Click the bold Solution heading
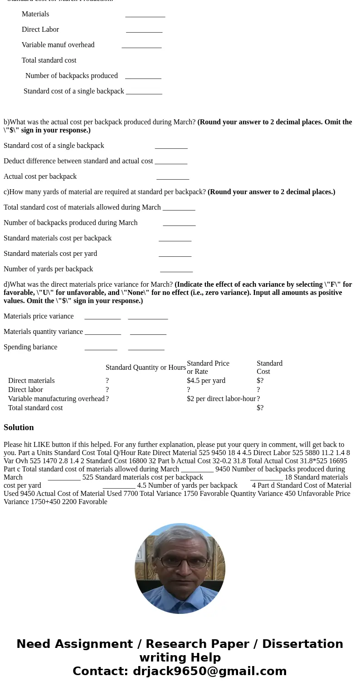point(19,427)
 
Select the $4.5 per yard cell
point(206,381)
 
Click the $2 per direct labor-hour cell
point(221,399)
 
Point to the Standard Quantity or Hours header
point(146,368)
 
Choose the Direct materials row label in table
point(31,381)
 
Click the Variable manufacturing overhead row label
point(56,399)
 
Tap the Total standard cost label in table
point(35,408)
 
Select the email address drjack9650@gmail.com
point(209,671)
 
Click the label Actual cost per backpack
point(40,176)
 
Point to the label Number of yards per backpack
point(48,269)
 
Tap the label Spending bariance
point(30,347)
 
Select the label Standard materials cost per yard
point(50,254)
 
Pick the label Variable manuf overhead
point(58,45)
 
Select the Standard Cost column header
point(269,368)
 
